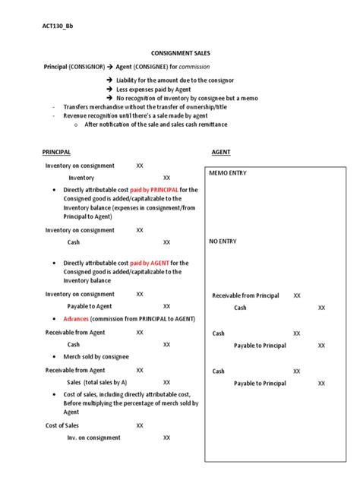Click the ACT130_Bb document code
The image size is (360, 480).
[58, 26]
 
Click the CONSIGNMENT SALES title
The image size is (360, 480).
[180, 53]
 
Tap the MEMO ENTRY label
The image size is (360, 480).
[228, 173]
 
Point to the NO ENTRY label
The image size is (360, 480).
[223, 241]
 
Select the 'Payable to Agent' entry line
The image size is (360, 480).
[90, 306]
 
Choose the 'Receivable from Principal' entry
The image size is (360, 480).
[245, 295]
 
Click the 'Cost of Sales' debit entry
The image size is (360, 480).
[62, 425]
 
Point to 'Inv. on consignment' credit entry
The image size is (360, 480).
[95, 437]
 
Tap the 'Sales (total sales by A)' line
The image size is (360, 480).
[97, 382]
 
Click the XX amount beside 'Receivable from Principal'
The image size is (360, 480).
[297, 295]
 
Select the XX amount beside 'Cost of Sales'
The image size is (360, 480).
[140, 425]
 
